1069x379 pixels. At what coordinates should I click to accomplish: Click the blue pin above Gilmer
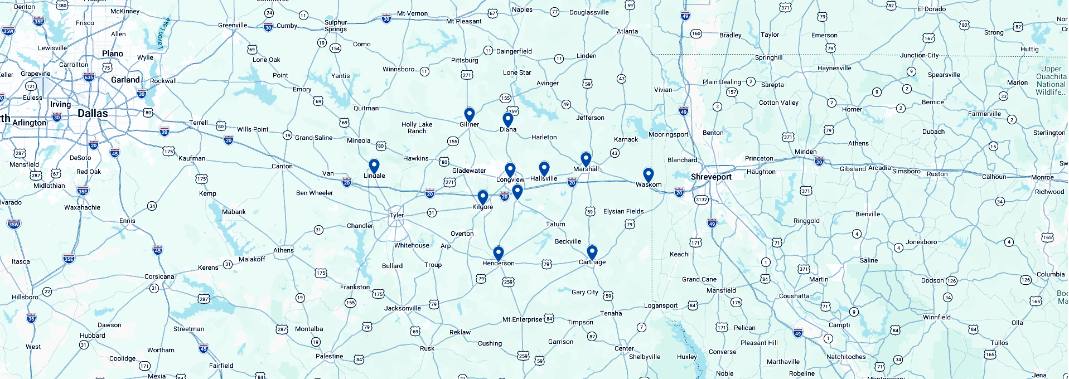tap(470, 114)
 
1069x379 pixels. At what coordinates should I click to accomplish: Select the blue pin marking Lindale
tap(374, 166)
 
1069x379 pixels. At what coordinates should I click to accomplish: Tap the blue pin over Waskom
tap(648, 174)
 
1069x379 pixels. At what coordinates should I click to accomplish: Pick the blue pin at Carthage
tap(592, 252)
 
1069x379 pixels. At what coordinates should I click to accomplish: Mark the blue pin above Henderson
tap(499, 253)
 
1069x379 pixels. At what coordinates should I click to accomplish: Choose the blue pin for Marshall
tap(586, 159)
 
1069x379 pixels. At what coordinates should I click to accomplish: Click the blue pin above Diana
tap(507, 119)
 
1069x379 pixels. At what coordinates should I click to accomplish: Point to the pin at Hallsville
tap(544, 168)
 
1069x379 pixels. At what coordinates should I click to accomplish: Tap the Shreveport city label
tap(711, 177)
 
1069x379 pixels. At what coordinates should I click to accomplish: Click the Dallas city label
tap(93, 113)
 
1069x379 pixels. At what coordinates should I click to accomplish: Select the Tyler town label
tap(396, 215)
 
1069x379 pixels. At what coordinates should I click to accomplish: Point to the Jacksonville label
tap(402, 308)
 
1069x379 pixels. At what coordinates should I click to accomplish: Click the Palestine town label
tap(329, 356)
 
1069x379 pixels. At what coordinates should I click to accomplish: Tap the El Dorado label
tap(931, 9)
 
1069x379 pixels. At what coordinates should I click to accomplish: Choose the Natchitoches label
tap(846, 357)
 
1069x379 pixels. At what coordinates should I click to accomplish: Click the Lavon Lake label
tap(163, 33)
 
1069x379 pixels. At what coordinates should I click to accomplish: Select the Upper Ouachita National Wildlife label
tap(1051, 81)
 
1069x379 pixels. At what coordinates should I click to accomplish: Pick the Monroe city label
tap(1042, 177)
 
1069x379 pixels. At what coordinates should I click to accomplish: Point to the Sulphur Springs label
tap(336, 26)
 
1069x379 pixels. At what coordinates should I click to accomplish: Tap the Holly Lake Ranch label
tap(417, 128)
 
